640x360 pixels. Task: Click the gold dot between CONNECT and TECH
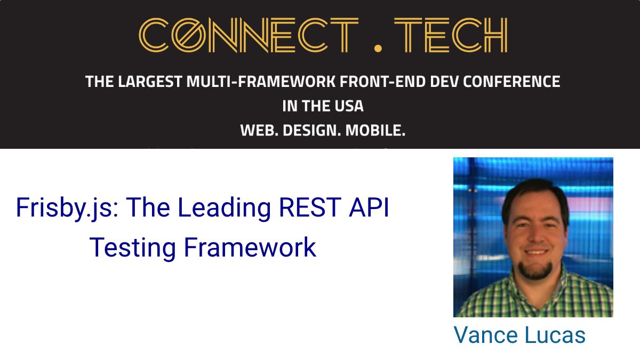click(378, 48)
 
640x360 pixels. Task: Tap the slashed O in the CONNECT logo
click(189, 35)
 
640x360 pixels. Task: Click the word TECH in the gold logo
click(451, 35)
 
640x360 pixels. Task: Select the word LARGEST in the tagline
click(150, 82)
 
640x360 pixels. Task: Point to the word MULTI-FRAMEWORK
click(261, 82)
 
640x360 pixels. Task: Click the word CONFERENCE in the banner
click(511, 82)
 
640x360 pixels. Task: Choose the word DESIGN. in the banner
click(311, 131)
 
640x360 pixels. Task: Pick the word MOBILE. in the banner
click(375, 131)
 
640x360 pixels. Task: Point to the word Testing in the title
click(133, 248)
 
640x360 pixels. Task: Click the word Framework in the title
click(250, 247)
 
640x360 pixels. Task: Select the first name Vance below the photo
click(486, 335)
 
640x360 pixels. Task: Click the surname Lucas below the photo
click(555, 335)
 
